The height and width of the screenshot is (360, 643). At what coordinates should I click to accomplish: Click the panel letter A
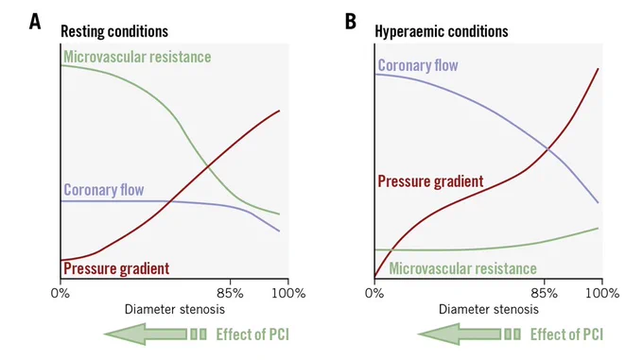click(35, 22)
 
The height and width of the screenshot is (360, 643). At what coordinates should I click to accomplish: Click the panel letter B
click(351, 22)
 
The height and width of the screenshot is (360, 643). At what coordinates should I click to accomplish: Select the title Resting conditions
click(114, 31)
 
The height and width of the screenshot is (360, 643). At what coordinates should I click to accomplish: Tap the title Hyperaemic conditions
click(442, 31)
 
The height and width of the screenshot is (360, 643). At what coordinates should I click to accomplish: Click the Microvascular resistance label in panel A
click(137, 57)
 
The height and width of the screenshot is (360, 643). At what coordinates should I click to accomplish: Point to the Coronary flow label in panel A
click(104, 190)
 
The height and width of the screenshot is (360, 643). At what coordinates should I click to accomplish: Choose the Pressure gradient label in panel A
click(116, 268)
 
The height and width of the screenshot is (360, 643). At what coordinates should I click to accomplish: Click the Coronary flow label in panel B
click(418, 65)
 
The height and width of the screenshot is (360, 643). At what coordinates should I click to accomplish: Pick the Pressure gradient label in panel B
click(430, 181)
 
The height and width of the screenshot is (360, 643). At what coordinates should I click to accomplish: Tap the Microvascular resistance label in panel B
click(463, 268)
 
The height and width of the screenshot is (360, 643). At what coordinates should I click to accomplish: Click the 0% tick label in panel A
click(61, 293)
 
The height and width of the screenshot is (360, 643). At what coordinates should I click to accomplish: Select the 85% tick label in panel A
click(231, 293)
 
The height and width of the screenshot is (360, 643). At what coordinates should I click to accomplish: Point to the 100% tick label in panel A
click(288, 293)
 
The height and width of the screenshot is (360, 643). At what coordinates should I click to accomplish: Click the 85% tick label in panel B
click(545, 293)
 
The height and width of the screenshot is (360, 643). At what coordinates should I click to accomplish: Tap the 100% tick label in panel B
click(603, 293)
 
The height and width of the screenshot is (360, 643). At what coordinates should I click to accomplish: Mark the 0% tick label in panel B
click(374, 293)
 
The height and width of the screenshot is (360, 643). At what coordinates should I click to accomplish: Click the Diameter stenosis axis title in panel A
click(175, 309)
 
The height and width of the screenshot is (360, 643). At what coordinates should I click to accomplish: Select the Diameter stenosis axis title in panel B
click(489, 309)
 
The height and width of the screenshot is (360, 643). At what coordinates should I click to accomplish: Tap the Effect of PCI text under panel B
click(566, 334)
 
